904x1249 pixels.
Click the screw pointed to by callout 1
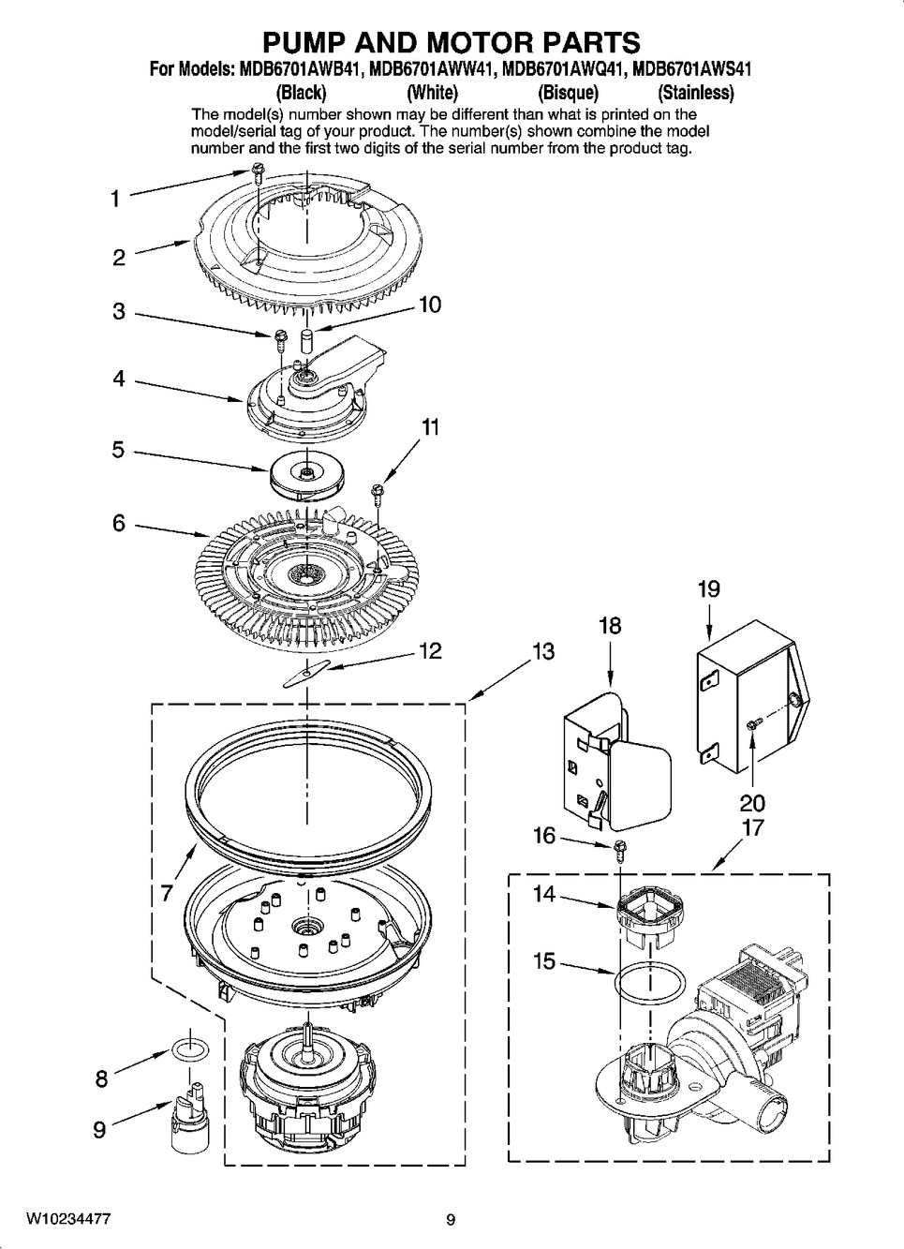pos(259,171)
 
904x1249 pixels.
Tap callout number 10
pos(430,305)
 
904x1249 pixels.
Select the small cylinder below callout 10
pos(306,340)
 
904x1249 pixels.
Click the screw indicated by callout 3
pos(280,339)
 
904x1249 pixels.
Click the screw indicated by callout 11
pos(378,494)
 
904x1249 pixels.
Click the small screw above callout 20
pos(753,724)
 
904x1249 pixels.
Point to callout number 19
pos(708,588)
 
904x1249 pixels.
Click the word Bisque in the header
pos(568,93)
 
